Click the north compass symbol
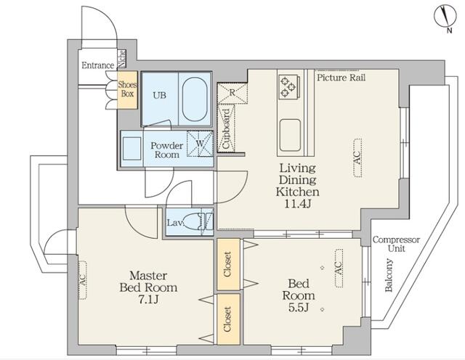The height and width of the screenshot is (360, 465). pyautogui.click(x=445, y=16)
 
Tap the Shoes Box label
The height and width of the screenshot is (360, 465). pyautogui.click(x=128, y=89)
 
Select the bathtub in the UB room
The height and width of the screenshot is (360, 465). pyautogui.click(x=195, y=99)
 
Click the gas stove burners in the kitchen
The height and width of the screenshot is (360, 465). pyautogui.click(x=289, y=86)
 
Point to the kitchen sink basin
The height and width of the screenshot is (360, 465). pyautogui.click(x=291, y=135)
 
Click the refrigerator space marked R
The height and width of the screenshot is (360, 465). pyautogui.click(x=232, y=93)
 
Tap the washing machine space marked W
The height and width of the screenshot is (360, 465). pyautogui.click(x=200, y=144)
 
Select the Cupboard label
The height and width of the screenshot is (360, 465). pyautogui.click(x=226, y=128)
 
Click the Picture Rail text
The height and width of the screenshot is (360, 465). pyautogui.click(x=341, y=78)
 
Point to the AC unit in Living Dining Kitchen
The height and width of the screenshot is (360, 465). pyautogui.click(x=357, y=157)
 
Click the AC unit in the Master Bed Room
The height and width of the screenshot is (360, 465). pyautogui.click(x=82, y=280)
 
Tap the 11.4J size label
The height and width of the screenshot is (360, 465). pyautogui.click(x=297, y=204)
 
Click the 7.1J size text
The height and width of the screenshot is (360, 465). pyautogui.click(x=148, y=300)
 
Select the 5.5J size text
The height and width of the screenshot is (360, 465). pyautogui.click(x=299, y=308)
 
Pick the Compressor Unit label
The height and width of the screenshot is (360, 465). pyautogui.click(x=396, y=244)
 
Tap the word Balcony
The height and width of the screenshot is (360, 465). pyautogui.click(x=389, y=275)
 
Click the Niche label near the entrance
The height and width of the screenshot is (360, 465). pyautogui.click(x=122, y=58)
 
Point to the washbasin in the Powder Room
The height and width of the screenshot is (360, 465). pyautogui.click(x=132, y=149)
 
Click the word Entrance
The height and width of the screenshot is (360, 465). pyautogui.click(x=98, y=65)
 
